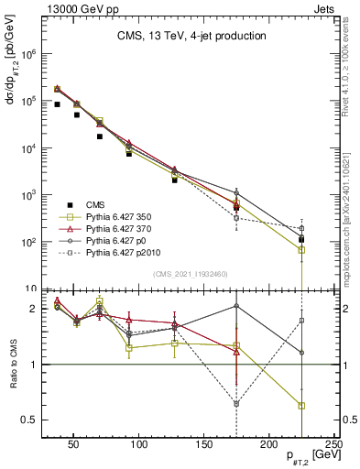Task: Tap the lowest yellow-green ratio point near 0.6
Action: tap(301, 406)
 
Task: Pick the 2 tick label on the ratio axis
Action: tap(32, 309)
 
